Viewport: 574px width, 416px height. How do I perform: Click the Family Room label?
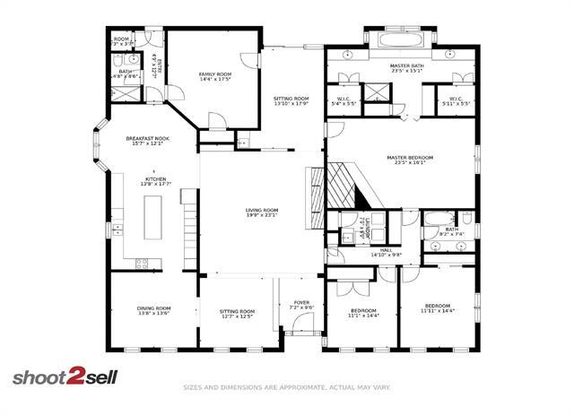214,76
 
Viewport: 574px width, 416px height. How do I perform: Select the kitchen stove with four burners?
141,263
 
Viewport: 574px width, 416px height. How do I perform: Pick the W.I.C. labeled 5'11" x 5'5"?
455,100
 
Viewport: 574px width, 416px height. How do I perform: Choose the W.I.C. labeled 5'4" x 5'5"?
344,100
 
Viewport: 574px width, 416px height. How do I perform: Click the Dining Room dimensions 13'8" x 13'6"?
153,314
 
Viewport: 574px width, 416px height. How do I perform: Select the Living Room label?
262,212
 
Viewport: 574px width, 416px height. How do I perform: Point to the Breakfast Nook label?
148,141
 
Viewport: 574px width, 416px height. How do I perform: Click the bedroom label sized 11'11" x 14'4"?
438,308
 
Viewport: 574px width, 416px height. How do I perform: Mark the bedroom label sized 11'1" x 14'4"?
364,313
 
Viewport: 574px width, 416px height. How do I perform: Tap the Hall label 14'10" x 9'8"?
386,253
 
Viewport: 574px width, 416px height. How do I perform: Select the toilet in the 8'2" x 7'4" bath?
466,219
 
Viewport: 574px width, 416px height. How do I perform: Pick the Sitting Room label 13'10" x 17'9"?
291,100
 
